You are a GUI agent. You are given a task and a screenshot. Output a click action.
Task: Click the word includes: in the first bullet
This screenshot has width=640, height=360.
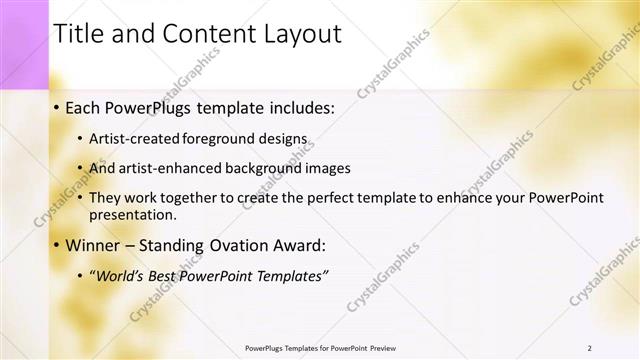297,107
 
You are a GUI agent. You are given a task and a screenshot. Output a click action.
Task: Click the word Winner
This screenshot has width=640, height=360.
94,245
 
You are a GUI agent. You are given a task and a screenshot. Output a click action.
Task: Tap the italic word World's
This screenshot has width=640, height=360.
119,275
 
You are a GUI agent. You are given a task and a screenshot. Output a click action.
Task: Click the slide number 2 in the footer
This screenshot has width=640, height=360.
590,348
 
